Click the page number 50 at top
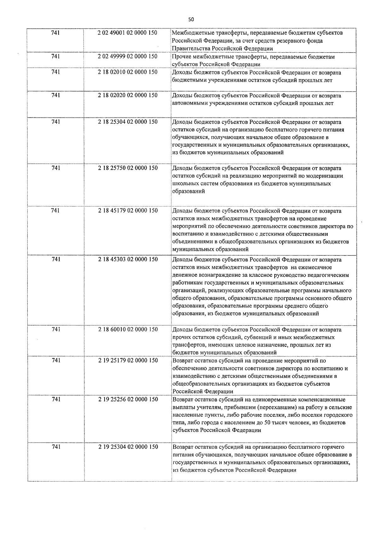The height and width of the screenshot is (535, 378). point(191,19)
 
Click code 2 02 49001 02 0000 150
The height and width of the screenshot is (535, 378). point(128,33)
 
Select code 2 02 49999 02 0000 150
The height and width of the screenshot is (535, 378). point(128,56)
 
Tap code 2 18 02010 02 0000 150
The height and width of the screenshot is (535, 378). point(128,72)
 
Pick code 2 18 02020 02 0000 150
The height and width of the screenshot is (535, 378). point(128,95)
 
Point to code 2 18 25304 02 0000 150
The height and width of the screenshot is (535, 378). point(128,122)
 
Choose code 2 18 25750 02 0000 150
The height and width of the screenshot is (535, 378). point(128,168)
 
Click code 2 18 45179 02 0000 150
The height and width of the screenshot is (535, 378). point(128,211)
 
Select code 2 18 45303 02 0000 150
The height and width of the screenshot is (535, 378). point(128,259)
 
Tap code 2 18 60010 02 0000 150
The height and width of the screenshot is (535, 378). point(128,329)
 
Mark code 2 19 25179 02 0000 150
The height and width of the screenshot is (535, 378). point(128,360)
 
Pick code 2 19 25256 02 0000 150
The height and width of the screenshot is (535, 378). point(128,399)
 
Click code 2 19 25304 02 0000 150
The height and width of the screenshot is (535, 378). point(128,447)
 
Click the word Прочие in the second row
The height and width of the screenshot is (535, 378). point(181,57)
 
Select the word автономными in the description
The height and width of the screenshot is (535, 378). point(190,103)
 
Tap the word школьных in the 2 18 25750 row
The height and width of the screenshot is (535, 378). point(184,183)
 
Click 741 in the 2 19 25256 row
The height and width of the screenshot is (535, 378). point(55,399)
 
